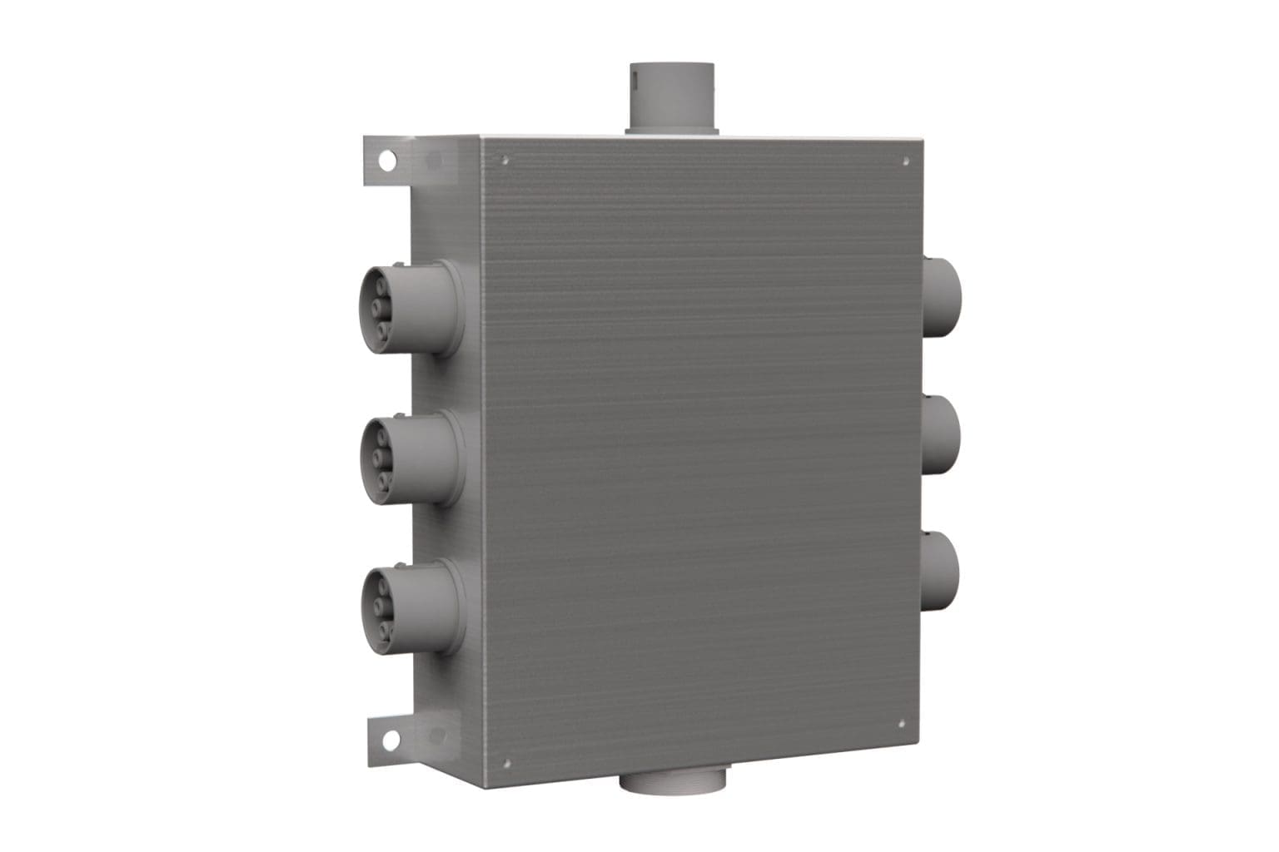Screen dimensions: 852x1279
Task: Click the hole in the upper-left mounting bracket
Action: click(x=387, y=158)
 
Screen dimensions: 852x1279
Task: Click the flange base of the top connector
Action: click(x=673, y=129)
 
